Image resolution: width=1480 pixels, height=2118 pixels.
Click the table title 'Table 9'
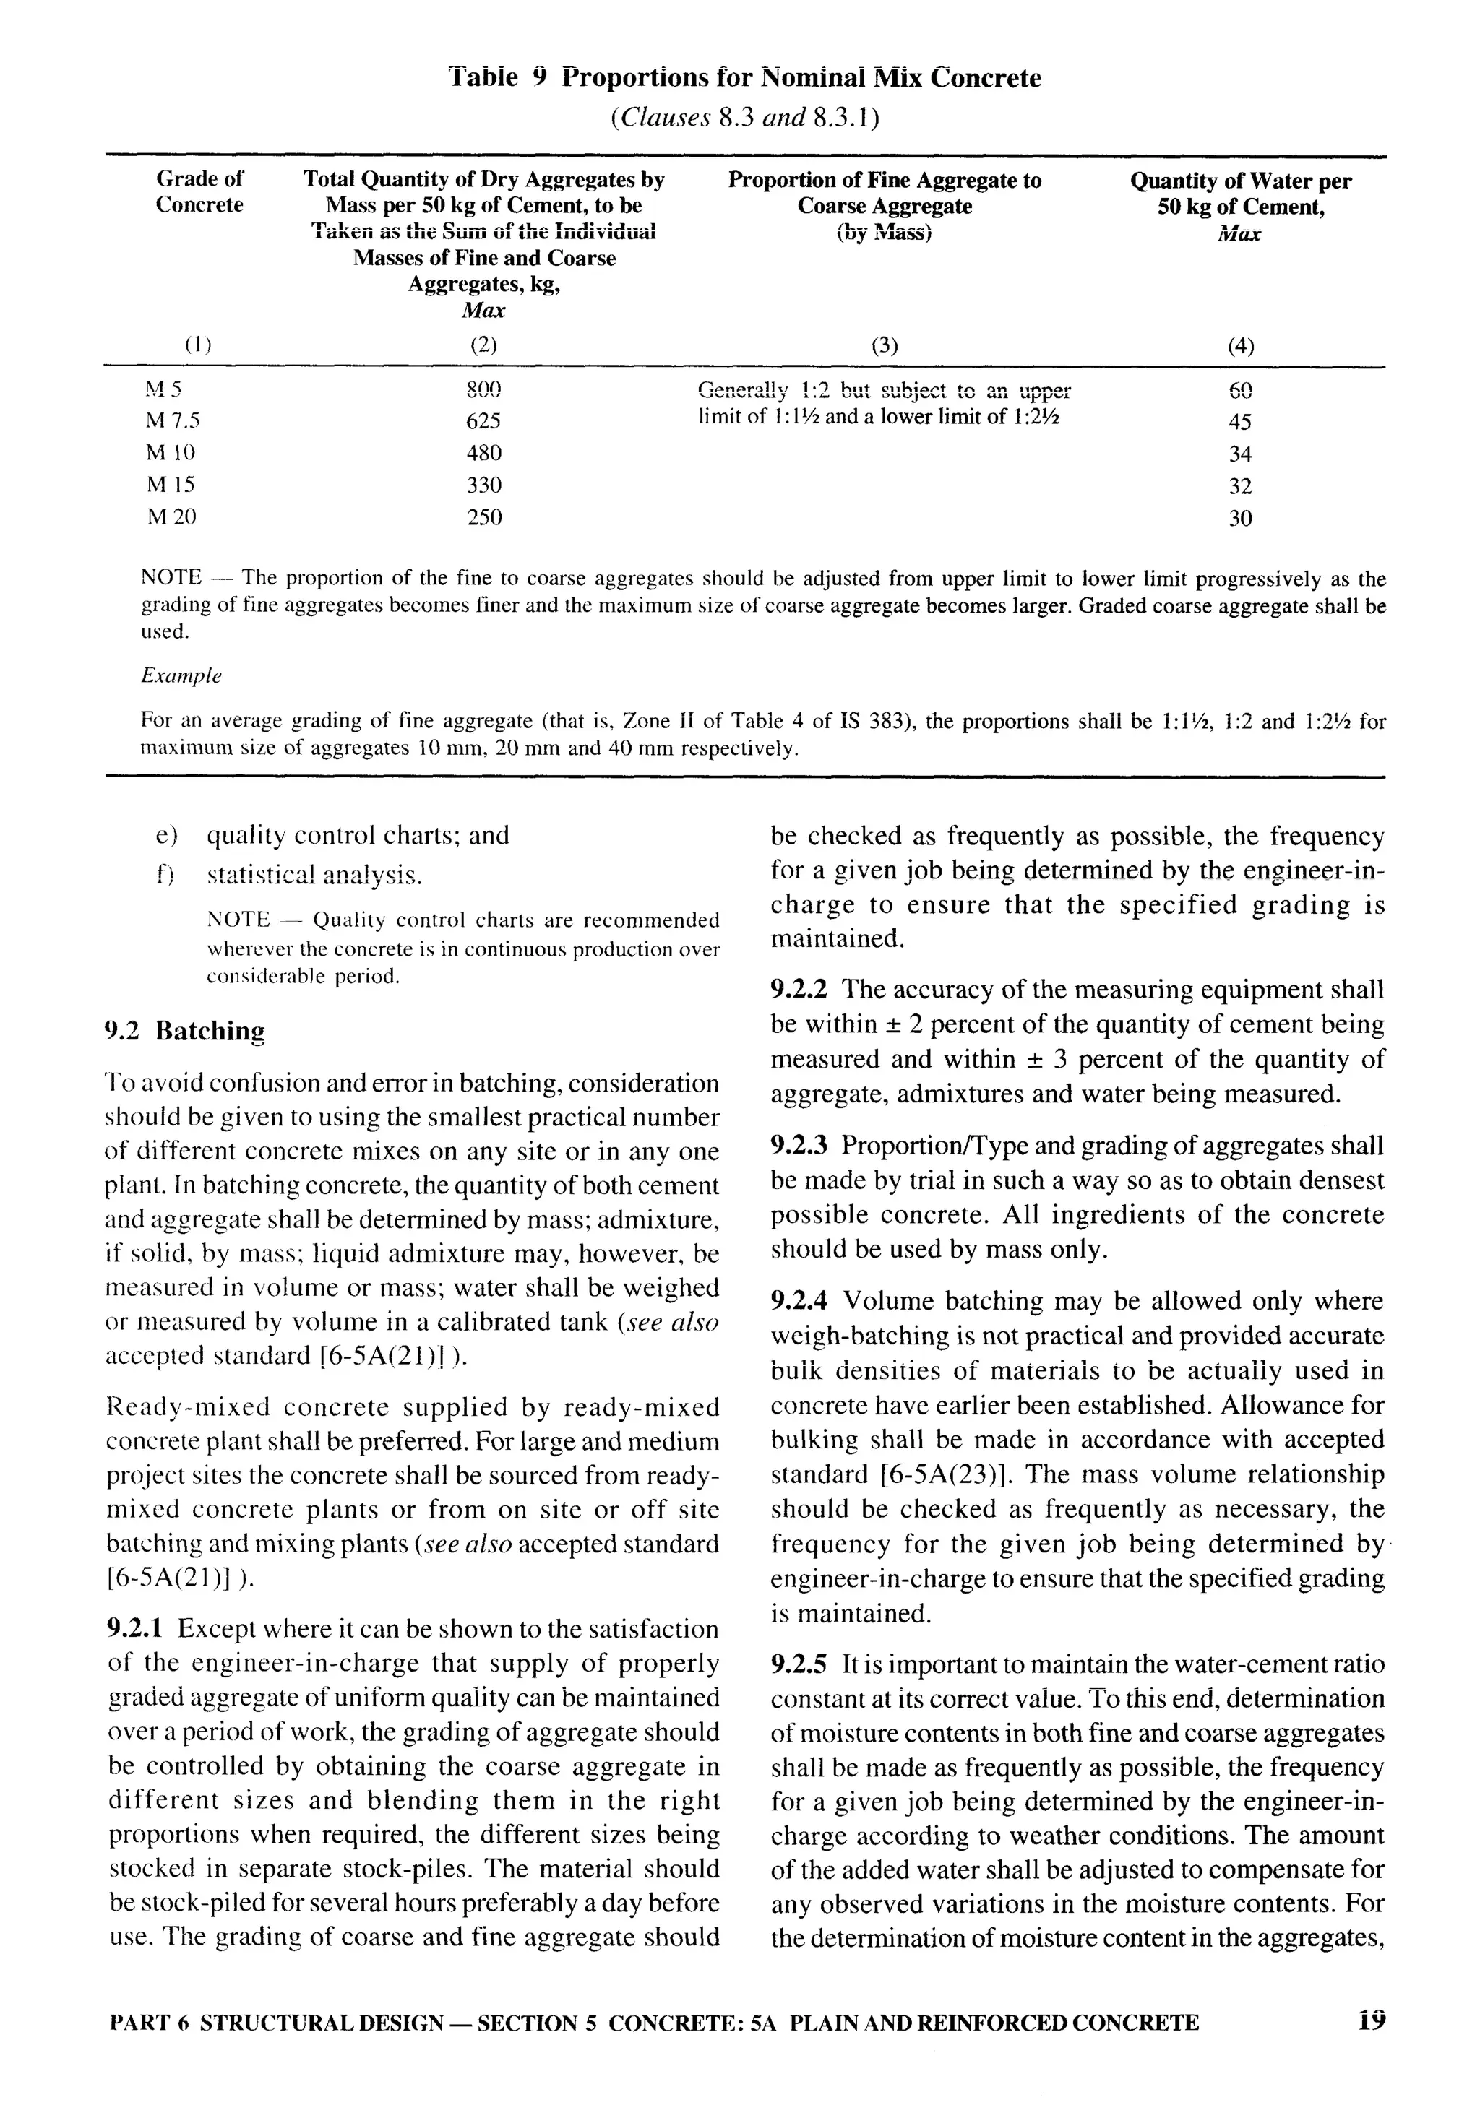tap(498, 77)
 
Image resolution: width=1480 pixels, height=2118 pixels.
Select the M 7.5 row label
tap(173, 422)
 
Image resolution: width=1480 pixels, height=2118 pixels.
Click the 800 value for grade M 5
tap(483, 389)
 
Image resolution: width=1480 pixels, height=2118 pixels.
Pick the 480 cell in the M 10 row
tap(483, 453)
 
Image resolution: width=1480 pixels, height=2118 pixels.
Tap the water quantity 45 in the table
tap(1240, 423)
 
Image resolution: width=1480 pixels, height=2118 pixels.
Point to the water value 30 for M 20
tap(1240, 519)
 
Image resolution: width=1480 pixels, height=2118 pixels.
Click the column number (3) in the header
tap(884, 346)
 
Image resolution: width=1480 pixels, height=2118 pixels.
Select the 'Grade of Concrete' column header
tap(199, 192)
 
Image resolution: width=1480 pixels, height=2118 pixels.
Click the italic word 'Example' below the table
tap(181, 676)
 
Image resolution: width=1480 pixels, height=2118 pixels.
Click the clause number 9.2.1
tap(137, 1629)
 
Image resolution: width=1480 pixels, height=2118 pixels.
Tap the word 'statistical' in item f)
tap(261, 875)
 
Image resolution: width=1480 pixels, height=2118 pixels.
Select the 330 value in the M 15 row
tap(483, 485)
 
